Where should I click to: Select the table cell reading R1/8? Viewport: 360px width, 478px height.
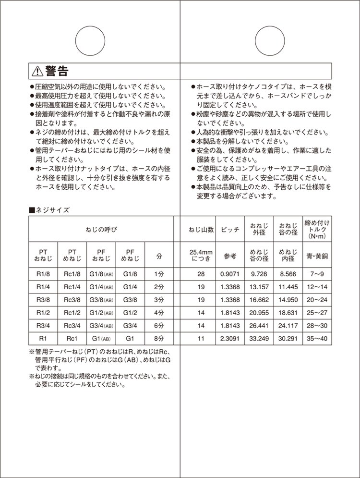[43, 273]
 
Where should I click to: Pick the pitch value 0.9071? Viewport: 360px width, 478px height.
[229, 273]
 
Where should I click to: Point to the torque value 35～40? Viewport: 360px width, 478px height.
[317, 339]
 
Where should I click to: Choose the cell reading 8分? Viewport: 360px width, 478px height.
[159, 339]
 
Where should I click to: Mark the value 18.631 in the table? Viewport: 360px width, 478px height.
[288, 313]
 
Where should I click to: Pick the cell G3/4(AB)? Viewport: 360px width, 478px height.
[101, 326]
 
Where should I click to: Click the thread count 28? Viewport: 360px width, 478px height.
[201, 273]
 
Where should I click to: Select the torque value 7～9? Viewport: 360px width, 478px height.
[317, 273]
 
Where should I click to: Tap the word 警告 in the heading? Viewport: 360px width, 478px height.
[57, 71]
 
